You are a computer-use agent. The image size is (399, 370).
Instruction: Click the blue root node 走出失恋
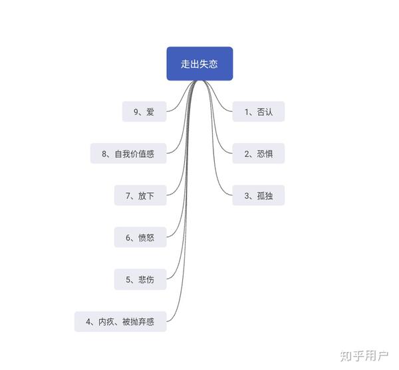pos(199,64)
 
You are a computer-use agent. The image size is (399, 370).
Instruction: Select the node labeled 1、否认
pos(259,112)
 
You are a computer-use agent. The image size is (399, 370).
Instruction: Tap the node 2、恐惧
pos(259,154)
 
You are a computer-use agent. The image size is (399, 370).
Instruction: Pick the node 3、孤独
pos(259,196)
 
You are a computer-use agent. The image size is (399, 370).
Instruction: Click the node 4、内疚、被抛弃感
pos(120,322)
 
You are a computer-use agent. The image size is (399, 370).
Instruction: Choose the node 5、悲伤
pos(140,279)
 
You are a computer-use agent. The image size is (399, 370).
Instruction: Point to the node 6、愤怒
pos(140,237)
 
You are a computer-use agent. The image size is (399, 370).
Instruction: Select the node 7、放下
pos(140,196)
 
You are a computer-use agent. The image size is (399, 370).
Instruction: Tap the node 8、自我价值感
pos(128,154)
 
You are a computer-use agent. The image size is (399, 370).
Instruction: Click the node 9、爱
pos(144,112)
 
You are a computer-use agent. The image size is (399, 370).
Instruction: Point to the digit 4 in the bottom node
pos(88,322)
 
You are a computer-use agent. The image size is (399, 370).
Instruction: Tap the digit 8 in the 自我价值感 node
pos(105,154)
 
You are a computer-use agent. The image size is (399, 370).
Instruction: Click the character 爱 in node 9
pos(150,112)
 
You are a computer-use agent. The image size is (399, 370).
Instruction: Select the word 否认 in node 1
pos(265,112)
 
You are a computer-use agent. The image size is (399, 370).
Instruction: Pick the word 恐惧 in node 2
pos(265,154)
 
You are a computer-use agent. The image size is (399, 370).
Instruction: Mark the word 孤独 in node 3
pos(265,196)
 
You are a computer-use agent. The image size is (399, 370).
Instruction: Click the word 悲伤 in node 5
pos(146,279)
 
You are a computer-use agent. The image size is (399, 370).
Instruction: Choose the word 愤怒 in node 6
pos(146,237)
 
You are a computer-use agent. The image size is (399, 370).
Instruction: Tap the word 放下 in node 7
pos(146,196)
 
